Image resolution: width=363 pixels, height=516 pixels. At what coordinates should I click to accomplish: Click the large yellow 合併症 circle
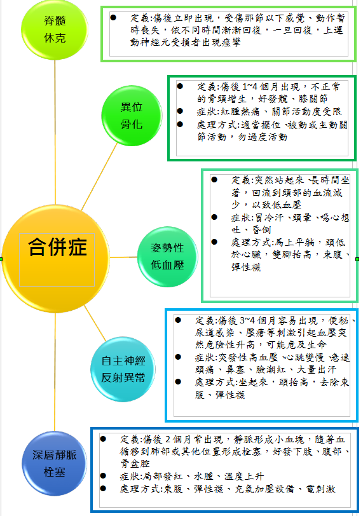[x=55, y=259]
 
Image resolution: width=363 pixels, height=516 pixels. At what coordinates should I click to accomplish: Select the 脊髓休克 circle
[x=55, y=29]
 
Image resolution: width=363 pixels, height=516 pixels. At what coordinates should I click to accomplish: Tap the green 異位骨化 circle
[x=132, y=116]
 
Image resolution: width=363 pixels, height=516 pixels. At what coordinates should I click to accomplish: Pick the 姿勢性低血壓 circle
[x=167, y=257]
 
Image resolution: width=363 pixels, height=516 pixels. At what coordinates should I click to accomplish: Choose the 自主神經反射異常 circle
[x=123, y=369]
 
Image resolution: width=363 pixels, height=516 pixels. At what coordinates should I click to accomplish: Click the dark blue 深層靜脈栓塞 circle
[x=55, y=463]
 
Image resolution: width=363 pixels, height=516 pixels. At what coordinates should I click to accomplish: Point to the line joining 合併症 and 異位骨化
[x=99, y=176]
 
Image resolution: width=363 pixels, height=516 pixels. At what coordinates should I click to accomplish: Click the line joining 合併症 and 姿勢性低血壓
[x=123, y=257]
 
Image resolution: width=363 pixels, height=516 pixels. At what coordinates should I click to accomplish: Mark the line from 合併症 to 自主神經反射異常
[x=95, y=323]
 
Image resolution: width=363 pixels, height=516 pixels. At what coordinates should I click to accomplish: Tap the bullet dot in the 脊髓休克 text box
[x=113, y=17]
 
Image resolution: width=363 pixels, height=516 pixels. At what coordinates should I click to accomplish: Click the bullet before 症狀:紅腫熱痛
[x=180, y=111]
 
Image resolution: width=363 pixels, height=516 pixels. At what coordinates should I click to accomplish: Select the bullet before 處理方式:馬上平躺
[x=214, y=242]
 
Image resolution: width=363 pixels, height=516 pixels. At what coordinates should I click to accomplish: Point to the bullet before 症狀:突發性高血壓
[x=178, y=356]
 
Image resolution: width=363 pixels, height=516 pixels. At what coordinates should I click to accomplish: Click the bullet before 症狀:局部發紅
[x=103, y=475]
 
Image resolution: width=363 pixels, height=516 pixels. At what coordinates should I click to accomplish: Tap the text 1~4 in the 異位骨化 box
[x=250, y=87]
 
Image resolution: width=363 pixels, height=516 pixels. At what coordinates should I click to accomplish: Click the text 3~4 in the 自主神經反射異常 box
[x=247, y=320]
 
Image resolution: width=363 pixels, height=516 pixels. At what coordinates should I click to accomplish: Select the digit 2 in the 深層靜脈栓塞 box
[x=168, y=439]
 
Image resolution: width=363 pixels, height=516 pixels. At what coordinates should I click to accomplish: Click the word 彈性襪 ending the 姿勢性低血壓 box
[x=246, y=267]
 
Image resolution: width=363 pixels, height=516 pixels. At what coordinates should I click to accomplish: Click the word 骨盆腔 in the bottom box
[x=135, y=463]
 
